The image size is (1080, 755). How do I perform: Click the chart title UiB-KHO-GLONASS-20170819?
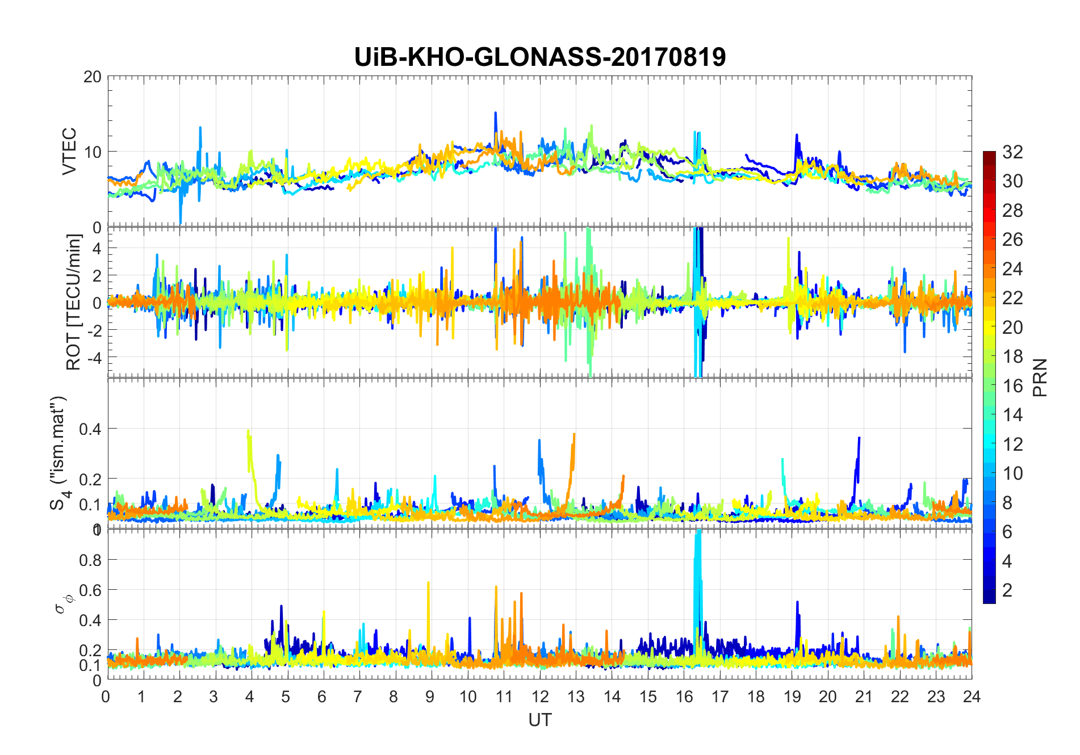[x=539, y=57]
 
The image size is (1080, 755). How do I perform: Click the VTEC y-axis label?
[x=69, y=152]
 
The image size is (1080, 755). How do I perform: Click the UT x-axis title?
[x=539, y=720]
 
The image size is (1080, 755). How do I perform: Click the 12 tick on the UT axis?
[x=540, y=697]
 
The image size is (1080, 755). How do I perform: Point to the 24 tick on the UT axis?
[x=972, y=697]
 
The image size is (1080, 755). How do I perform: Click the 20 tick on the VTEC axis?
[x=93, y=77]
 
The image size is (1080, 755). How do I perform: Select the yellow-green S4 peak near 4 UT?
[x=249, y=434]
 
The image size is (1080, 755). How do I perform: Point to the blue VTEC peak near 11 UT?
[x=496, y=114]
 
